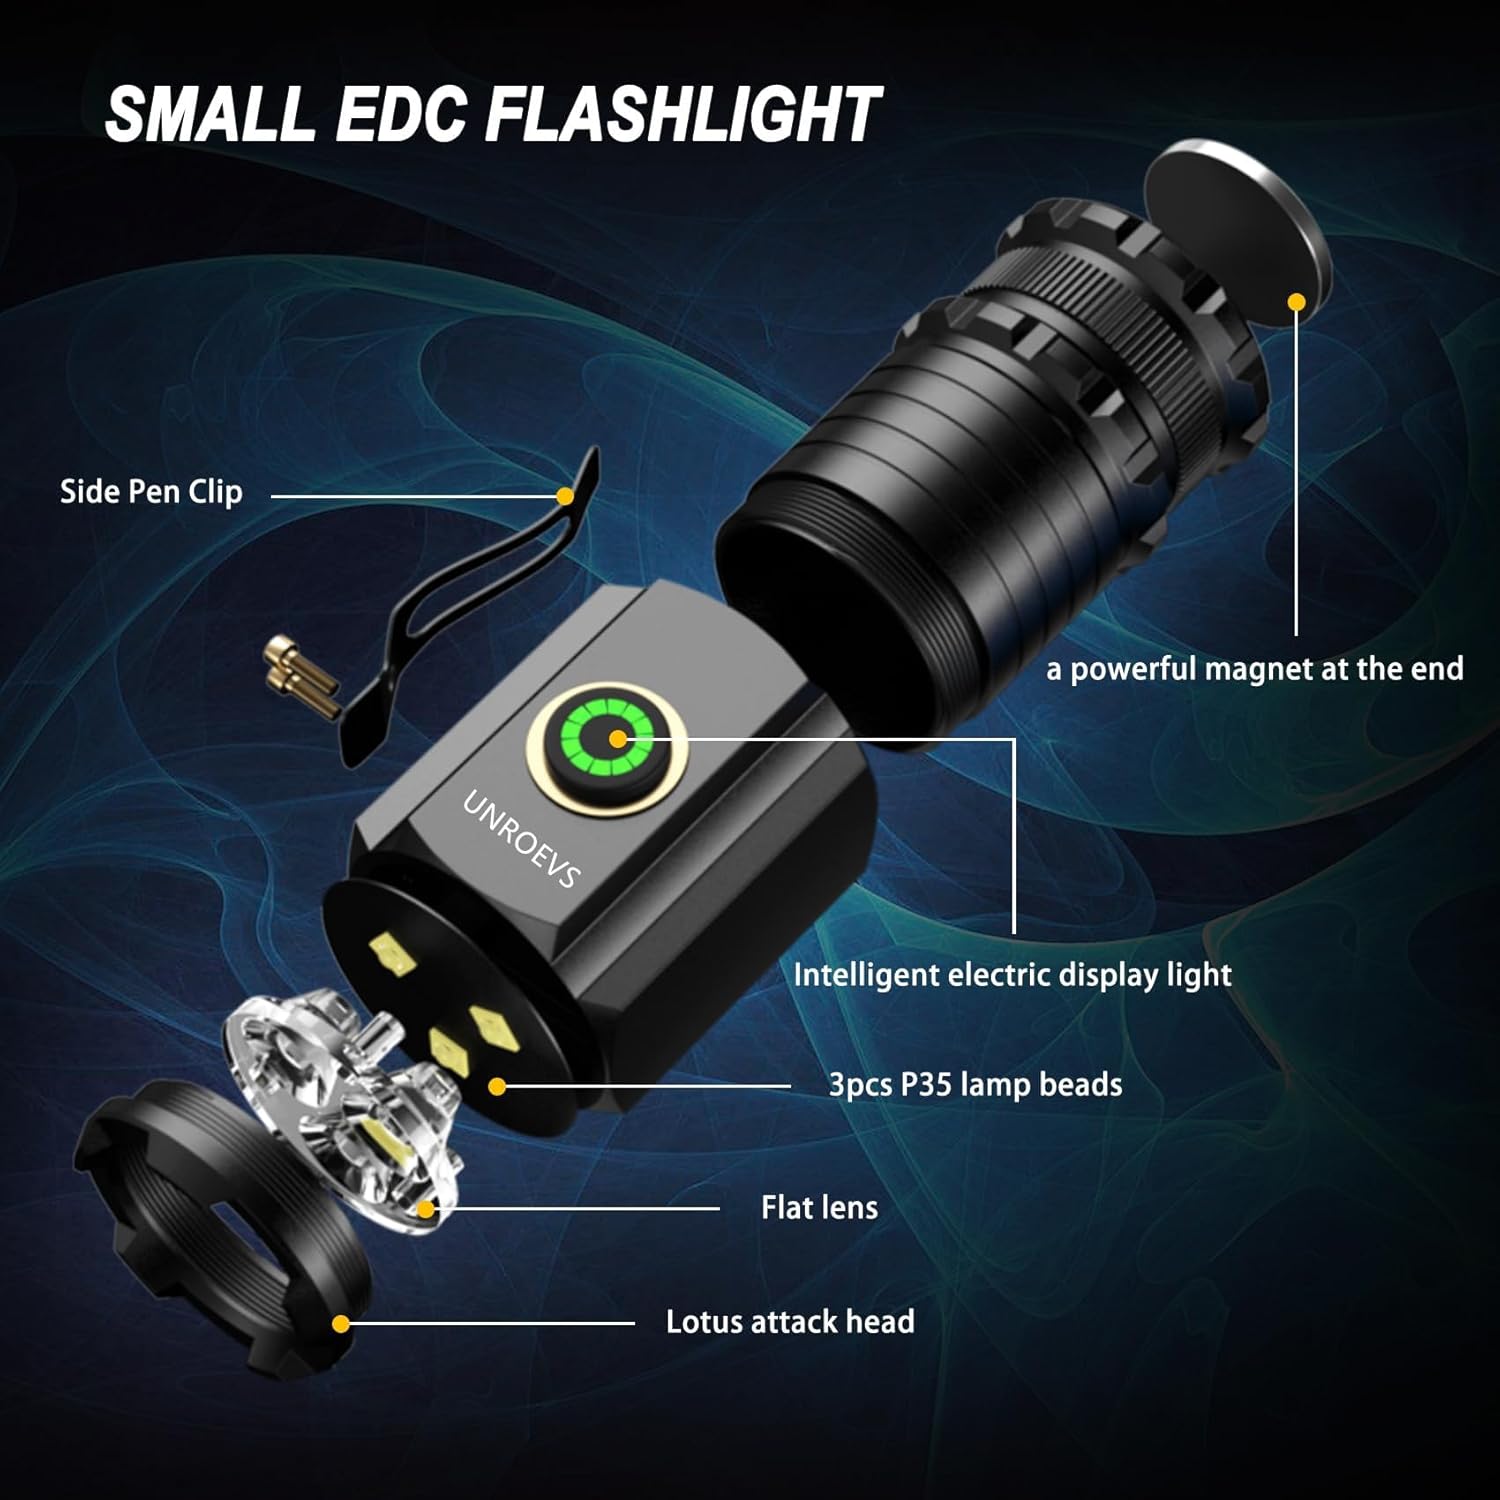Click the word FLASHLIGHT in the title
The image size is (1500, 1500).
[x=682, y=114]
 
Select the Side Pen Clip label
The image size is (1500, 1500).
[x=151, y=492]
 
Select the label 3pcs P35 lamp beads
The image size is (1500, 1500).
[x=975, y=1085]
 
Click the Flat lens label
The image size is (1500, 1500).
[x=819, y=1208]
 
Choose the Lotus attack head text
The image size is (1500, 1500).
[x=790, y=1322]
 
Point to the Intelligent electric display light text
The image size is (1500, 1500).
[x=1012, y=975]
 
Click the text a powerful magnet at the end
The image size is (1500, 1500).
[x=1254, y=669]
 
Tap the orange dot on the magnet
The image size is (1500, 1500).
[x=1297, y=301]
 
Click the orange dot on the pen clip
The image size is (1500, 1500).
[x=565, y=496]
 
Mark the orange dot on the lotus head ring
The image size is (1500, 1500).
[x=341, y=1324]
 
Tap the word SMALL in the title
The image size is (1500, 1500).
[x=210, y=114]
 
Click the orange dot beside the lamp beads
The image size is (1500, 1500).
[x=497, y=1087]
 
